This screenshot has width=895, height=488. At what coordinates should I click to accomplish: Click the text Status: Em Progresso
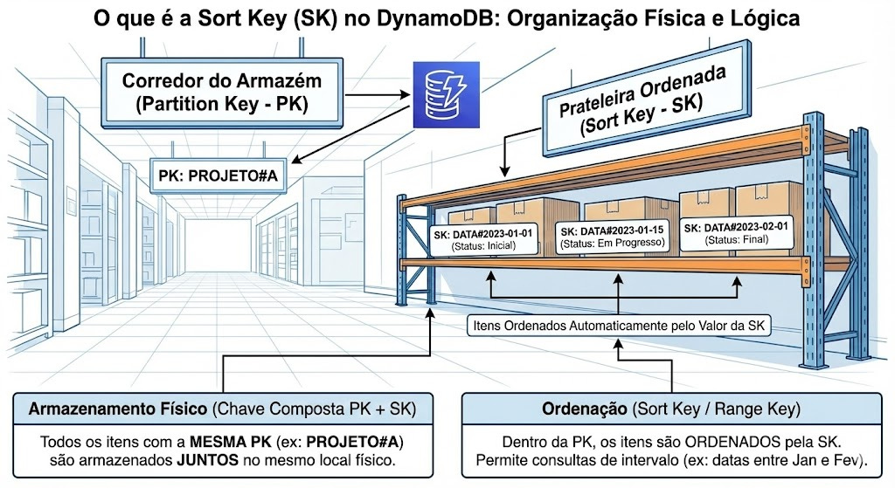coord(614,244)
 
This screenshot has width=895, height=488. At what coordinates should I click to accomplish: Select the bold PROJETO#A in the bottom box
coord(357,441)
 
